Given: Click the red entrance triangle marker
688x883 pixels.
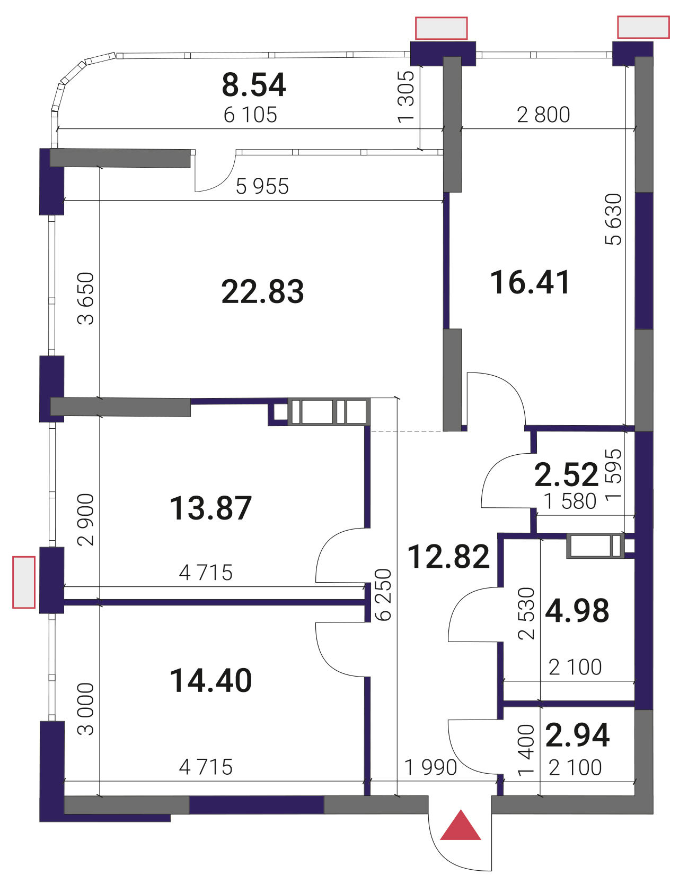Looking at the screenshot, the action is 461,826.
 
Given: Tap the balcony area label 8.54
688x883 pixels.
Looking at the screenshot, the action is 254,84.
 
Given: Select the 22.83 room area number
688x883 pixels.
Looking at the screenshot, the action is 263,291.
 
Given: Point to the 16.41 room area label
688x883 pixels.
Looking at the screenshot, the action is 530,282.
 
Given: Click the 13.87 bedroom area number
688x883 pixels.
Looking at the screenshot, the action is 211,508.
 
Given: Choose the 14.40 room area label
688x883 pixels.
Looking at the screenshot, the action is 211,680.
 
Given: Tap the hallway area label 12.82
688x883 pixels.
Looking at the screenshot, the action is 448,557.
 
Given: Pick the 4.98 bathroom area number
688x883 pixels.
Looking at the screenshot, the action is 577,610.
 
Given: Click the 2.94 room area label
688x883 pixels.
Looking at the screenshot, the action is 577,735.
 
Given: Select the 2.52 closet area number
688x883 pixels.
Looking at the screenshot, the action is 566,474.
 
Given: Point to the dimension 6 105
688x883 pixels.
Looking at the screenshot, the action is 250,115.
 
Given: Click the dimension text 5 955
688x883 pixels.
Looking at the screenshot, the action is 262,186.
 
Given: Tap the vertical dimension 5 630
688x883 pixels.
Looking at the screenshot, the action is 613,219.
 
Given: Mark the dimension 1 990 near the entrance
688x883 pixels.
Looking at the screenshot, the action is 430,767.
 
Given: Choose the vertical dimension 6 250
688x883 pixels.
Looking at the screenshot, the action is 383,595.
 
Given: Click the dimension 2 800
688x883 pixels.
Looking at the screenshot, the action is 543,115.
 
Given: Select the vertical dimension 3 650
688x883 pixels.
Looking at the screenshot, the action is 85,298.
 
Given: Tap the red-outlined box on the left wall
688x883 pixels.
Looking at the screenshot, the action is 24,582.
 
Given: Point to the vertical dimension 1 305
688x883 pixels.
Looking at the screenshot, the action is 406,97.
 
